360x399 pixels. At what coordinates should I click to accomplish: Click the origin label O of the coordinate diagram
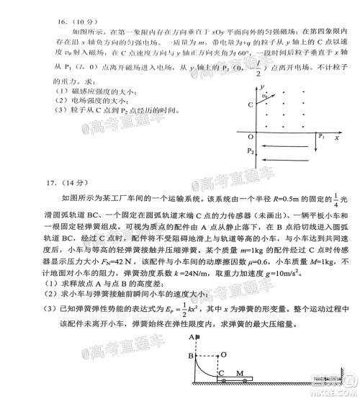coord(251,135)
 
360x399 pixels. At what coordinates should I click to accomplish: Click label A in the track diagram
coord(191,337)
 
